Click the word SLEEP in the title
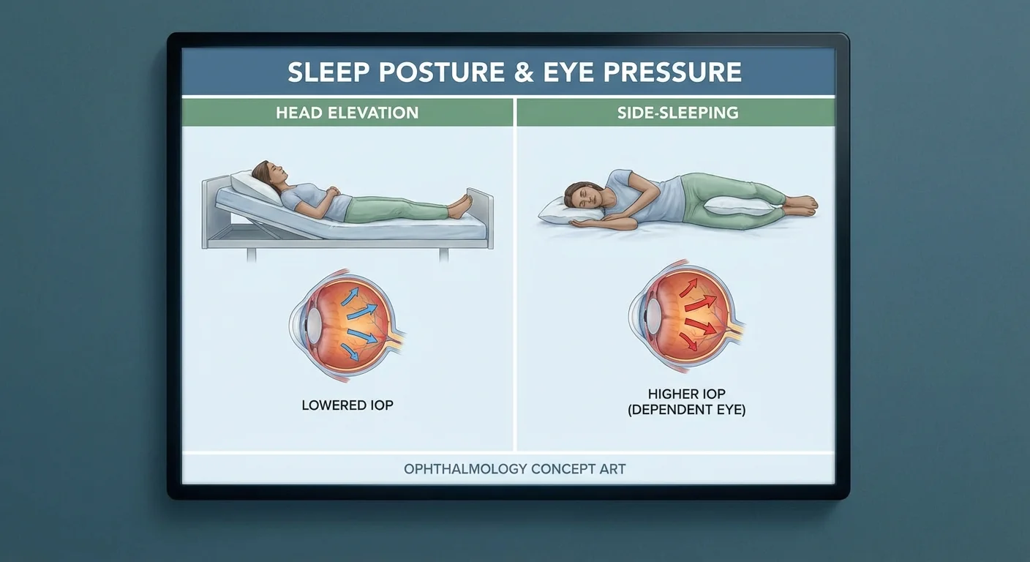(x=328, y=72)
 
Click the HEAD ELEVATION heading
(x=347, y=113)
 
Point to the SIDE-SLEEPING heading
(x=678, y=113)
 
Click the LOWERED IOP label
(x=347, y=405)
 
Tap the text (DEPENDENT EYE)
(x=686, y=409)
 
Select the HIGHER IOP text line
(x=686, y=394)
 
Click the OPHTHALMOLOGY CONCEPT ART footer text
(x=514, y=469)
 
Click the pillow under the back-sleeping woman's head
(x=255, y=187)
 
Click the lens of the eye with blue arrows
(x=314, y=325)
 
